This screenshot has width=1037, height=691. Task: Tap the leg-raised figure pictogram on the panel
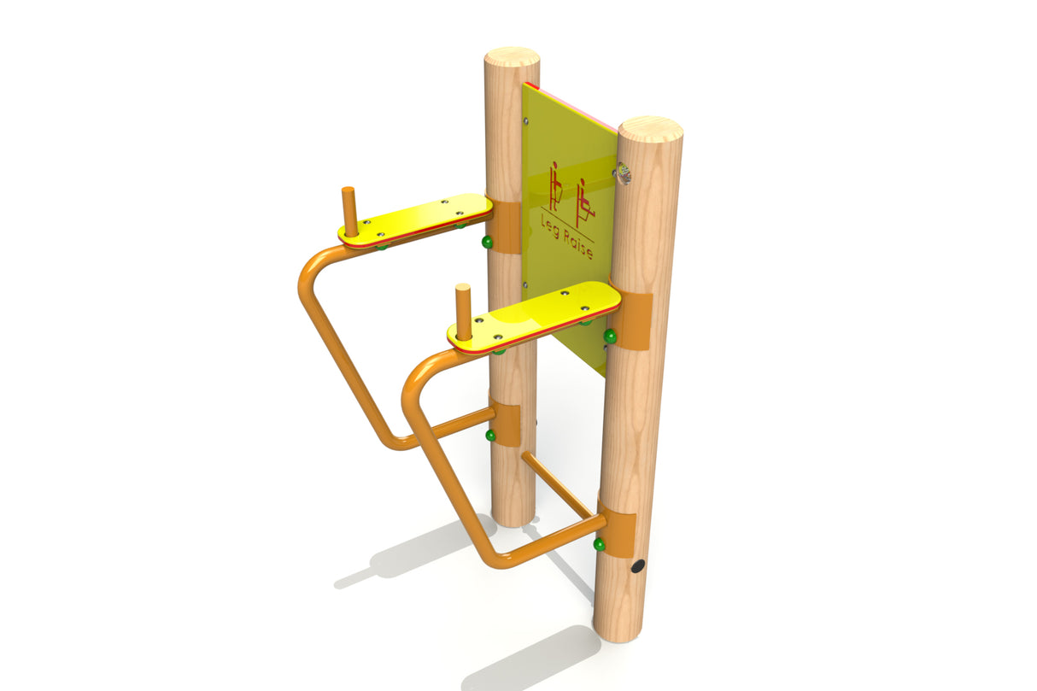[583, 202]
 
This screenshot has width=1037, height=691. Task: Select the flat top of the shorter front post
[649, 129]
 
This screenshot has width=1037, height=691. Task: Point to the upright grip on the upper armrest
[349, 211]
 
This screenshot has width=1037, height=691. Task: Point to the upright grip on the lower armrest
[463, 312]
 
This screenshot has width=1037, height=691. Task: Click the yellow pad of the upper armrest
[419, 219]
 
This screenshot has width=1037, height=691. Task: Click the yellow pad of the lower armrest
[538, 314]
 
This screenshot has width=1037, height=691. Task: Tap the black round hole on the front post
[638, 565]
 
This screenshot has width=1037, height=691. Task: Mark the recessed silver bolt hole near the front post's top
[624, 175]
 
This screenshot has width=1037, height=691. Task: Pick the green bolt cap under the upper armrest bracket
[487, 243]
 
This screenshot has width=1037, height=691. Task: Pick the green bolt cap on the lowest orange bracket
[599, 544]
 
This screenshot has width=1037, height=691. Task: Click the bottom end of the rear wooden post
[513, 516]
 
